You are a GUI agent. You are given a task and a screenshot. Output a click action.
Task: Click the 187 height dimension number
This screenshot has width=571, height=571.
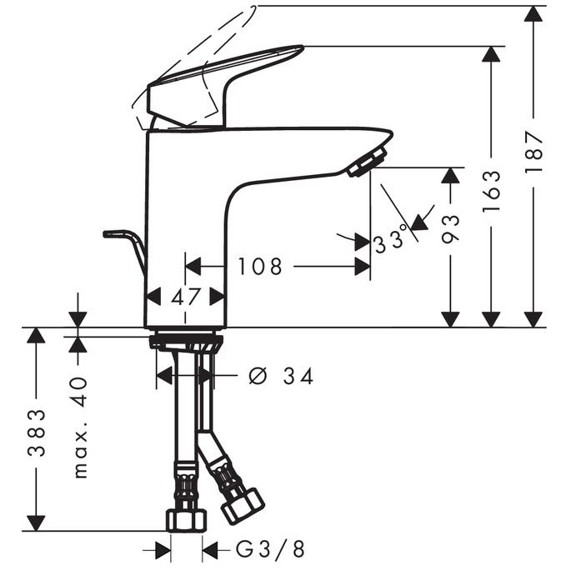tap(533, 153)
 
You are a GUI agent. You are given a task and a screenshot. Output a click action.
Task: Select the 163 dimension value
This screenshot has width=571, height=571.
tap(491, 191)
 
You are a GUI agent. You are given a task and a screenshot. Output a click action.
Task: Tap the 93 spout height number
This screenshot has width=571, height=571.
tap(450, 228)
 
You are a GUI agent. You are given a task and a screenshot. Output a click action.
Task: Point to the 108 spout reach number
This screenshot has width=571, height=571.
tap(260, 266)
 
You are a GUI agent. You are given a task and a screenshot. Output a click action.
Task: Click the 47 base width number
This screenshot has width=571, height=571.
tap(186, 297)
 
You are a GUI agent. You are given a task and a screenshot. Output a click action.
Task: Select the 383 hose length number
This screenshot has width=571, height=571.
tap(37, 433)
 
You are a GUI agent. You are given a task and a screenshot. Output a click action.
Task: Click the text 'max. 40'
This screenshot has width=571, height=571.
tap(79, 427)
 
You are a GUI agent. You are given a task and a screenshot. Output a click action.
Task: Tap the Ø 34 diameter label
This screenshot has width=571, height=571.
tap(281, 376)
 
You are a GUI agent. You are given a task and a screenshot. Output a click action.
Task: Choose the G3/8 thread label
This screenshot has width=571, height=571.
tap(270, 549)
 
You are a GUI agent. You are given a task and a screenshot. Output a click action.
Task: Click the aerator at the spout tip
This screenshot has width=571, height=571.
tap(367, 162)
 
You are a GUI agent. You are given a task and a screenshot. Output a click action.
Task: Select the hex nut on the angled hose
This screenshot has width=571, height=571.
tap(243, 505)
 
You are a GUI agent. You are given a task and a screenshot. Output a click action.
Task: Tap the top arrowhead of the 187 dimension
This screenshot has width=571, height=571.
tap(533, 15)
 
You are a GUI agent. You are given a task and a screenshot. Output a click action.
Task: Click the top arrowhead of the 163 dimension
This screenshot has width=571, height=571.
tap(491, 56)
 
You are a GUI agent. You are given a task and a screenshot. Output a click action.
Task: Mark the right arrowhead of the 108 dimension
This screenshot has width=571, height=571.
tap(363, 267)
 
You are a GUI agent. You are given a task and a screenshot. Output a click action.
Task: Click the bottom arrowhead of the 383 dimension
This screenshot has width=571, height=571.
tap(37, 523)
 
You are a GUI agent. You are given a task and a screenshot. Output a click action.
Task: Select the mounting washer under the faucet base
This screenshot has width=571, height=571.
tap(186, 343)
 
